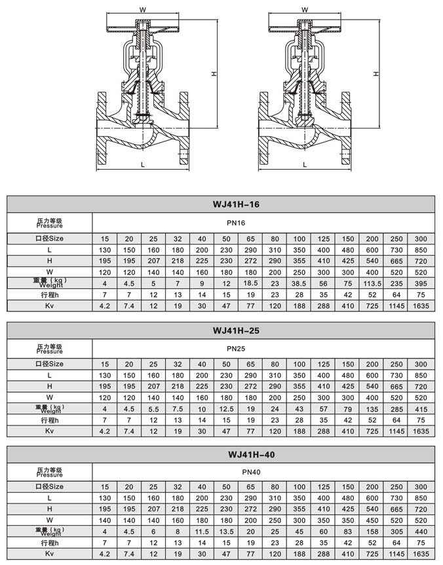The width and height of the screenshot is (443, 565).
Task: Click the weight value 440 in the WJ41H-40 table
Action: [x=420, y=532]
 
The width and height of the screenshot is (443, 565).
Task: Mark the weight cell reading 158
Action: [x=372, y=532]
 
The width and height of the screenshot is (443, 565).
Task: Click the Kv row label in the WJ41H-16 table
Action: [x=49, y=305]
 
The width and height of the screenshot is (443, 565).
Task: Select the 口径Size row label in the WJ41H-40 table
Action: [x=49, y=488]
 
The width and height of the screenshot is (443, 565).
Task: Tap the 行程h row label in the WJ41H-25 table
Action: [x=49, y=419]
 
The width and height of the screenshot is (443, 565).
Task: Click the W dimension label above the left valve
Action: [x=142, y=10]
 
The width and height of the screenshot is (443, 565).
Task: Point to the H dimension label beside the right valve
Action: [x=376, y=74]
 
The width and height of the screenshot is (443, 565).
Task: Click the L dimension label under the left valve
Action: [x=142, y=165]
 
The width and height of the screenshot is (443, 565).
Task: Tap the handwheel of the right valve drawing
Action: [x=305, y=28]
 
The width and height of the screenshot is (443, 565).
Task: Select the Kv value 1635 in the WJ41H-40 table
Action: [x=420, y=555]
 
